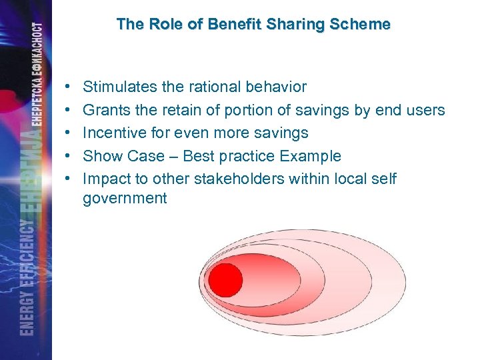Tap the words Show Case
click(123, 156)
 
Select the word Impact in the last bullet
click(105, 179)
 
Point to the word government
click(125, 199)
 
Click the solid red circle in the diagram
click(225, 279)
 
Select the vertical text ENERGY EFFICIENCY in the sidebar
click(26, 277)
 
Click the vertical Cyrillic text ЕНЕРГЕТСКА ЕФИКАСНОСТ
click(39, 80)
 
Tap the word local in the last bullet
click(359, 179)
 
